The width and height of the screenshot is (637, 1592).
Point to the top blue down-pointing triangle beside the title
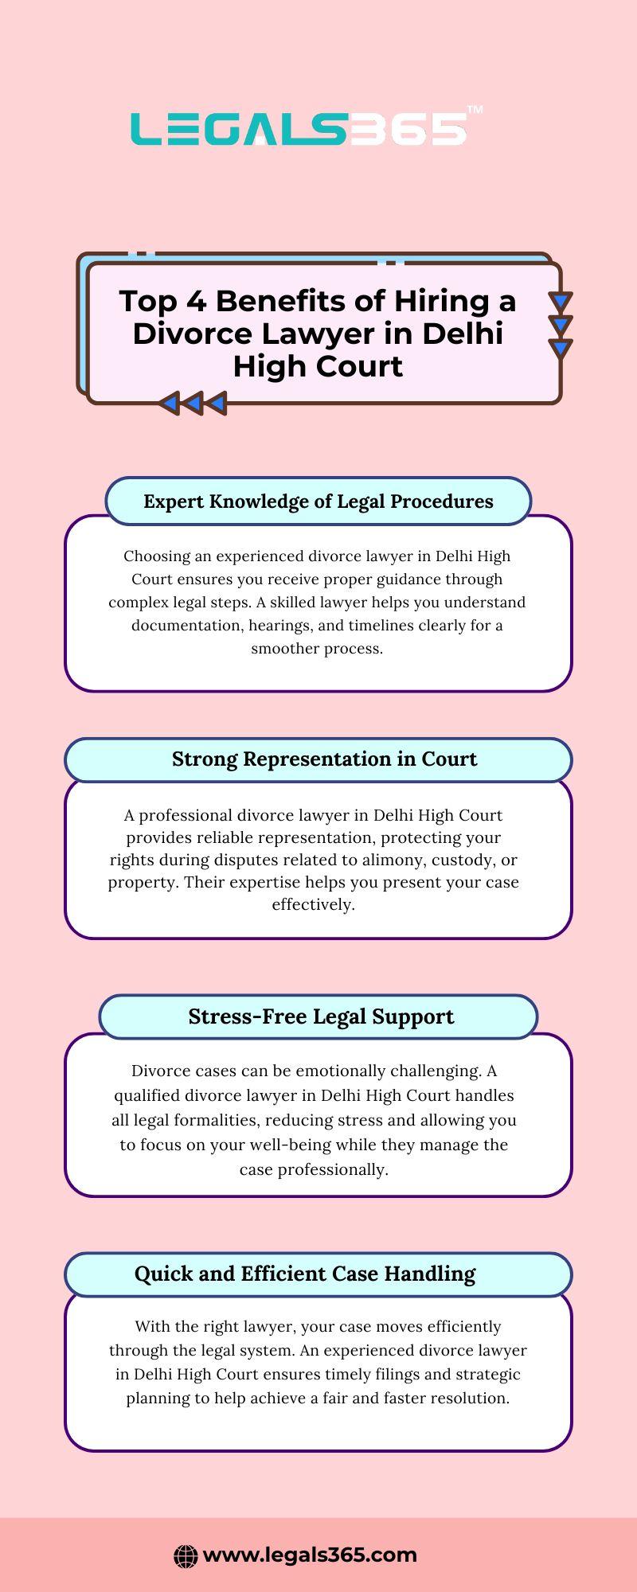point(561,302)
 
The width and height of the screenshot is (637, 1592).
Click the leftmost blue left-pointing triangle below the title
point(168,403)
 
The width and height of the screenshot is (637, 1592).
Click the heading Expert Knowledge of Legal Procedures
point(318,501)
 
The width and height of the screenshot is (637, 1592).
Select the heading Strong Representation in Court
point(324,759)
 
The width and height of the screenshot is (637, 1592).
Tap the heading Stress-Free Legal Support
point(321,1016)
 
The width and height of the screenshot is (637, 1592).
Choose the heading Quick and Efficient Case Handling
point(305,1274)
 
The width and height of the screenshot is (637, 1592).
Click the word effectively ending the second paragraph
point(313,904)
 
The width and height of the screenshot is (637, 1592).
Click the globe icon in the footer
point(186,1556)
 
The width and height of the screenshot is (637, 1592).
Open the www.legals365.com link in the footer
point(310,1555)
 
